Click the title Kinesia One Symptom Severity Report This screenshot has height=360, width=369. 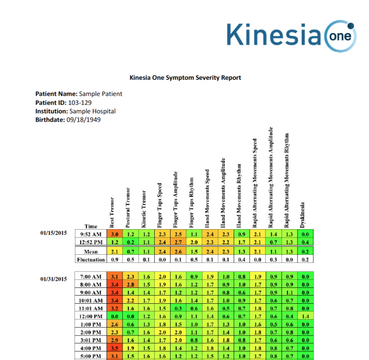(185, 77)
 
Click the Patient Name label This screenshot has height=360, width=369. (56, 94)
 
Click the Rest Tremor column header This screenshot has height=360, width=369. (112, 212)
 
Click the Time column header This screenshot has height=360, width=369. (91, 226)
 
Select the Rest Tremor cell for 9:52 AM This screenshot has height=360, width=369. (115, 234)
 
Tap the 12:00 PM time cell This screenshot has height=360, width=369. (91, 316)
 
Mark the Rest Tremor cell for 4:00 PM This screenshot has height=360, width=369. (115, 348)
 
